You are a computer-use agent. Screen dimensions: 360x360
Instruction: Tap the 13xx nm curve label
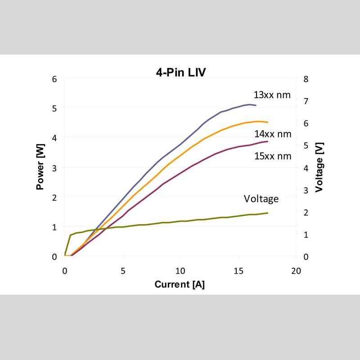272,95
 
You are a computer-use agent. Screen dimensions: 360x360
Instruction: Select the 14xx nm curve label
273,134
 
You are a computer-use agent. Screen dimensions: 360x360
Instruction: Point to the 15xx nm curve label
273,156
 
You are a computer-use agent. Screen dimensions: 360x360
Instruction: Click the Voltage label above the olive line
261,198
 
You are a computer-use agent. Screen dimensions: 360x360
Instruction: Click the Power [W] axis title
41,167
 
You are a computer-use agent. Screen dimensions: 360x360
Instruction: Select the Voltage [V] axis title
319,167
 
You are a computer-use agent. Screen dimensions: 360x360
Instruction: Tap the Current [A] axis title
180,284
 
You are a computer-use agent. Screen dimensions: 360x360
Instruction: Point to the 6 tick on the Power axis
55,79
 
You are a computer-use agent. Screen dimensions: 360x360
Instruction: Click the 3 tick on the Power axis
55,167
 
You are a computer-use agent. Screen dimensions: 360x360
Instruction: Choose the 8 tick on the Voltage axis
306,79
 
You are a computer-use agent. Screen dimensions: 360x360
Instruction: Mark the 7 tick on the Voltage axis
306,101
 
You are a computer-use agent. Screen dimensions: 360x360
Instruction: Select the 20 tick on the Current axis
296,271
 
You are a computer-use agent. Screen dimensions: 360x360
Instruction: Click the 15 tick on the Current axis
238,271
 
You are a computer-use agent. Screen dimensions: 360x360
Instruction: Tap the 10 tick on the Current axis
180,271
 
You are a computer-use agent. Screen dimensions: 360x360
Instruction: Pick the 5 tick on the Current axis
122,271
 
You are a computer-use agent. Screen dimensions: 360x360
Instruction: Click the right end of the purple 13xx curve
256,105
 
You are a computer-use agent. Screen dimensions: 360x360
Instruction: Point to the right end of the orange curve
267,122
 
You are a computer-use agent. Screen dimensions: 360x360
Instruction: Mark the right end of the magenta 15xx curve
267,141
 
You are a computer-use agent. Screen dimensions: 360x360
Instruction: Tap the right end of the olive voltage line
267,213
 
